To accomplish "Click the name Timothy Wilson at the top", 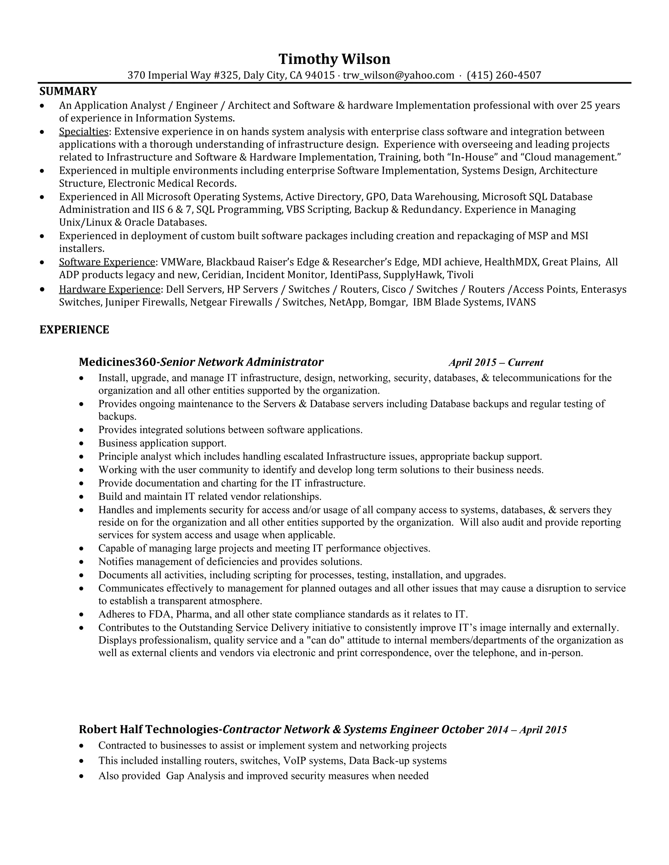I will pos(334,59).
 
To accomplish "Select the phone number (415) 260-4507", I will pos(504,75).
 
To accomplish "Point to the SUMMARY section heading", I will pos(68,91).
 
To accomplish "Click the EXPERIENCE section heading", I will pos(74,330).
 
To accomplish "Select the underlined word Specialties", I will pos(84,132).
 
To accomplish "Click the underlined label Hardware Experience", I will pos(109,290).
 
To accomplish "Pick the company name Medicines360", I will pos(117,362).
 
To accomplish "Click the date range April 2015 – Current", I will pos(496,362).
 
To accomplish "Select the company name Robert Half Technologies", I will pos(149,730).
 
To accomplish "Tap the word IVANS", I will pos(521,303).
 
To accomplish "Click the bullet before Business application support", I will pos(81,443).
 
